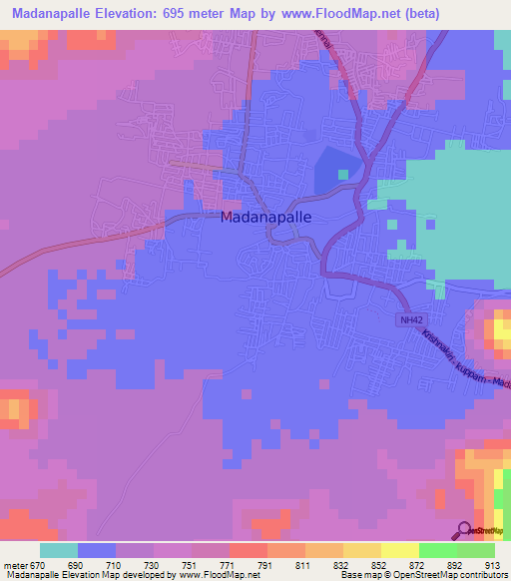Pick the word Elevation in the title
pyautogui.click(x=153, y=12)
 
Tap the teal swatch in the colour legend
pyautogui.click(x=59, y=550)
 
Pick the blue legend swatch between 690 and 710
pyautogui.click(x=97, y=550)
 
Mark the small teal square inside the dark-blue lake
pyautogui.click(x=343, y=175)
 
